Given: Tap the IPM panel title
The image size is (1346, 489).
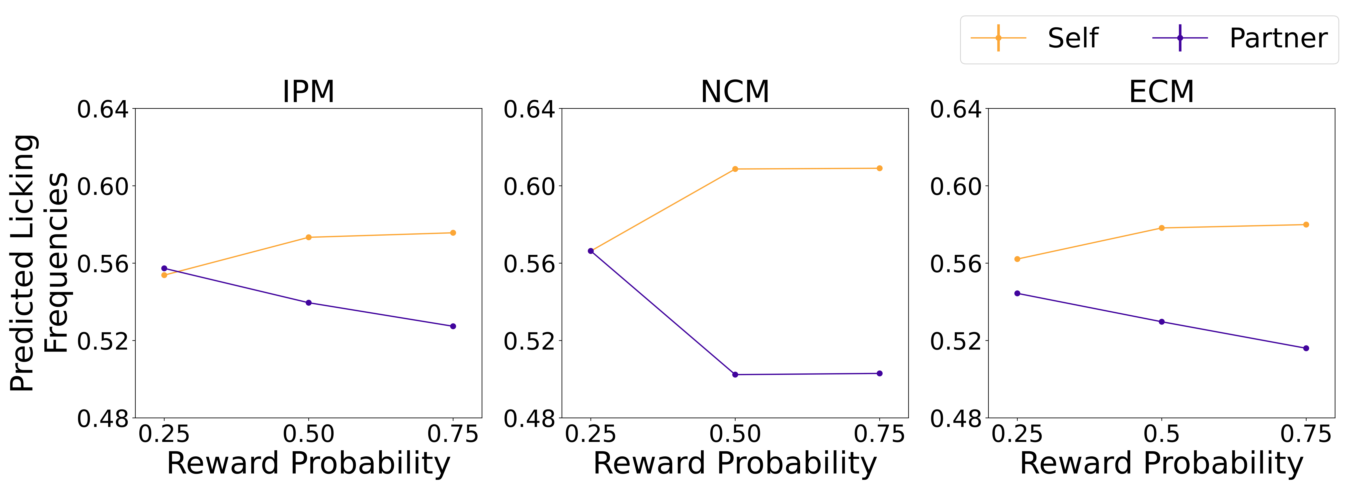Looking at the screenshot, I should [x=308, y=92].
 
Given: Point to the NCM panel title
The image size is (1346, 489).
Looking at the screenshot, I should [x=735, y=92].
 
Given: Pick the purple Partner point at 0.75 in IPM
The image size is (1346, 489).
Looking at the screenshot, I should [x=453, y=326].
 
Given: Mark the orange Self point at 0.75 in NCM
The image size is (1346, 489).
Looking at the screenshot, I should [x=879, y=168].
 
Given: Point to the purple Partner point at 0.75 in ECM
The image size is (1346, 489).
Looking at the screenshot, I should [x=1306, y=348].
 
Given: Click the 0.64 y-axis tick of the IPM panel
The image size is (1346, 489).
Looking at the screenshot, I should [x=102, y=110].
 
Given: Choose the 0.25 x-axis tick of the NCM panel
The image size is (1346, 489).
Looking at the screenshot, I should [x=590, y=434].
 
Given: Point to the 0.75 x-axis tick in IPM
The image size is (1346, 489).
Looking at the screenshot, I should [x=453, y=434].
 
